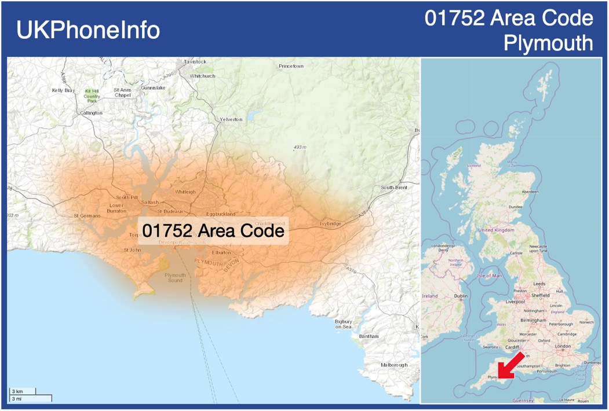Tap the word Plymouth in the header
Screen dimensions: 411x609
tap(548, 43)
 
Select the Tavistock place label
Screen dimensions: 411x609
tap(195, 61)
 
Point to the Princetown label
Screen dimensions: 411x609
tap(291, 66)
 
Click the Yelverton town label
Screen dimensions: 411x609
tap(231, 119)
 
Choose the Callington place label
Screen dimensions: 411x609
tap(91, 113)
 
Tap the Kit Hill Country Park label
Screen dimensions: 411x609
tap(92, 96)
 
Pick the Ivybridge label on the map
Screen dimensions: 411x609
tap(330, 223)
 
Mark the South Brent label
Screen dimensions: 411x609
tap(394, 188)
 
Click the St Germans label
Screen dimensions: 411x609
tap(87, 216)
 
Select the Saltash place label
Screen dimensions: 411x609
tap(150, 203)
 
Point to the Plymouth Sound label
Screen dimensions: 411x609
tap(175, 278)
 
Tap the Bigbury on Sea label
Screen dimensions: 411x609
tap(343, 324)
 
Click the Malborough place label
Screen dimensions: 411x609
tap(394, 365)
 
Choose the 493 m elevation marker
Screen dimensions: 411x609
tap(299, 148)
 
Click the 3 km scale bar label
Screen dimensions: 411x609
tap(17, 391)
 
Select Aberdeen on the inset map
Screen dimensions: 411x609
tap(530, 192)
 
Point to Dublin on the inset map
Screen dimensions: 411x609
tap(461, 296)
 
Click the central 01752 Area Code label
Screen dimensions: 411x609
tap(213, 231)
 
